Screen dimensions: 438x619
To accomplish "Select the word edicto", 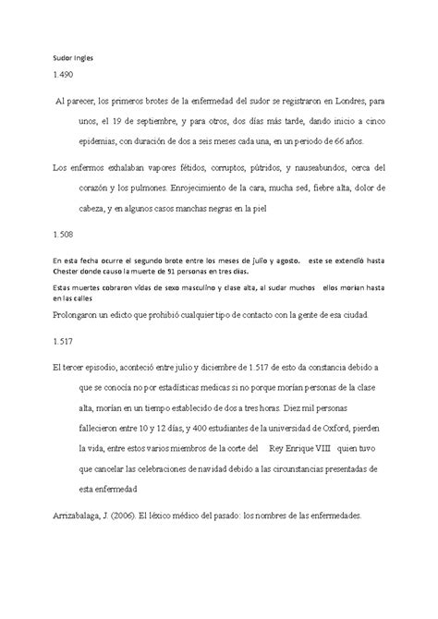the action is [137, 316].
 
